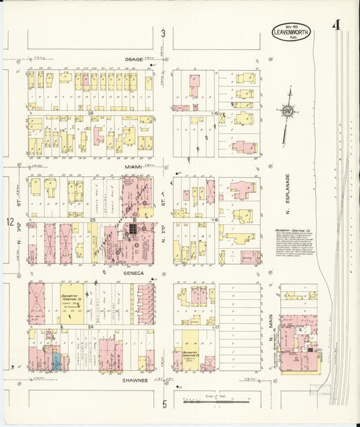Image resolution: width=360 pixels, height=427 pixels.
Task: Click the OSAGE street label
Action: [x=133, y=59]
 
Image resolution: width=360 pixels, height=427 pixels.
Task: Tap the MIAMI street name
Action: [x=133, y=166]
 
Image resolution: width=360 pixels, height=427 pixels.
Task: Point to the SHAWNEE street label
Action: [x=135, y=380]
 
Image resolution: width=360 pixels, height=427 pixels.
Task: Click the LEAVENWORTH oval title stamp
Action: [x=290, y=31]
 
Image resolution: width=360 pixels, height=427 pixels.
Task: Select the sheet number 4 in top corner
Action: [x=335, y=27]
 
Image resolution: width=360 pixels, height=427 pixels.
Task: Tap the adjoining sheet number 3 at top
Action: [x=163, y=33]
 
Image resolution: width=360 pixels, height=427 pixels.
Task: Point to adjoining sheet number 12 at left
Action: [x=9, y=222]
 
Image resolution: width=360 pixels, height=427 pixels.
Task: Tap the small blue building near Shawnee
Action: [x=56, y=361]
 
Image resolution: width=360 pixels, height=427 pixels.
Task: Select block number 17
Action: [x=217, y=327]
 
